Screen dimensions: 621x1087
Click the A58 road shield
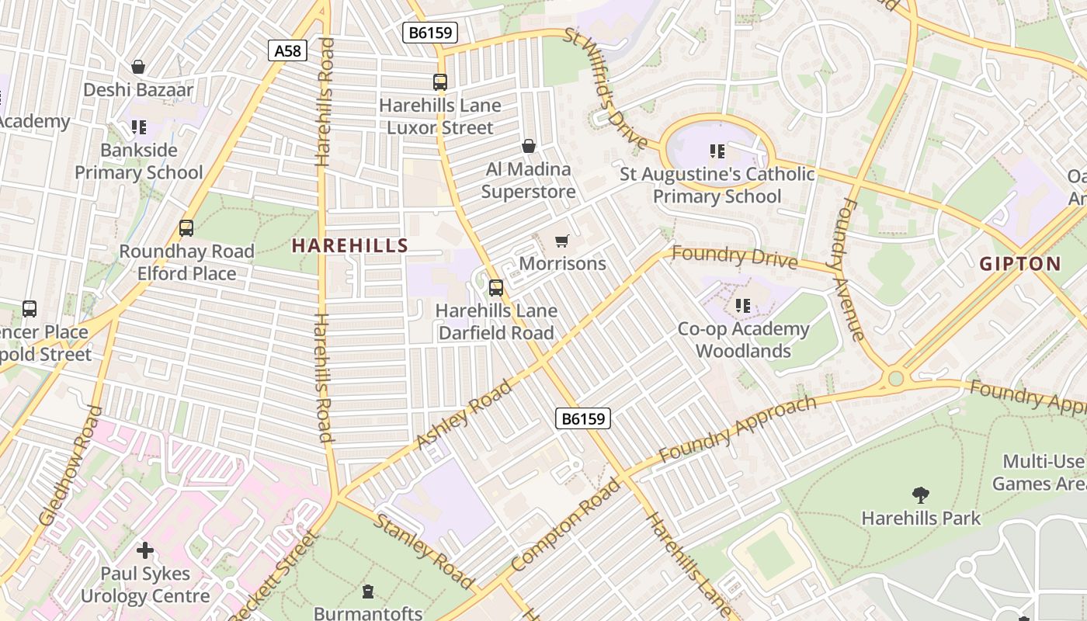(288, 51)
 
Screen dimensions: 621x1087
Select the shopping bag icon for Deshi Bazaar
(138, 67)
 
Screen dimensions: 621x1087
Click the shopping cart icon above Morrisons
(562, 241)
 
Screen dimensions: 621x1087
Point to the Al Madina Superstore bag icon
(529, 146)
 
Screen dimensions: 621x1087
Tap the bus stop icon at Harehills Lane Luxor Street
(440, 82)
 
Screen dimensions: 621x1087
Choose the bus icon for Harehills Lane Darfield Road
(496, 288)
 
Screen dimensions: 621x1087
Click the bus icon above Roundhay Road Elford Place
(186, 228)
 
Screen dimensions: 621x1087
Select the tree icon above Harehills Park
(921, 494)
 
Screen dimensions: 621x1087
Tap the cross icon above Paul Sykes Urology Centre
(145, 550)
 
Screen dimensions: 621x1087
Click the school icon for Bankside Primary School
(139, 127)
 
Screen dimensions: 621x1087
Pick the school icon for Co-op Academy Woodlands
(743, 306)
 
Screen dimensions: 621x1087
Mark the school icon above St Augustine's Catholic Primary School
(717, 151)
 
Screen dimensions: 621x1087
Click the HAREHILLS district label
(349, 246)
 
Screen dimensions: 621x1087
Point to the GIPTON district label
(1019, 264)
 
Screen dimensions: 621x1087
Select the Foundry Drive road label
(734, 256)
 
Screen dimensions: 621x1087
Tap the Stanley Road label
(424, 550)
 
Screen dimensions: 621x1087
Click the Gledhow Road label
(71, 466)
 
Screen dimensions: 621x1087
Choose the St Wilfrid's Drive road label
(606, 89)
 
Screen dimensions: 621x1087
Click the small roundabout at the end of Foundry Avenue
(896, 379)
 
